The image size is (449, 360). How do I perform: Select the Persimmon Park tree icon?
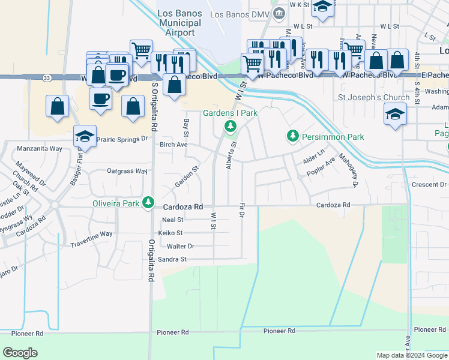pyautogui.click(x=292, y=137)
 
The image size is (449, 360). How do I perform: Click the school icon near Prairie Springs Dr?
pyautogui.click(x=85, y=136)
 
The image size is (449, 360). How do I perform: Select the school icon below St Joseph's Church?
pyautogui.click(x=395, y=114)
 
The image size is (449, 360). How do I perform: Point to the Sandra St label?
pyautogui.click(x=172, y=259)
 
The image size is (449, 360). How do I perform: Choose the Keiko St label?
pyautogui.click(x=170, y=233)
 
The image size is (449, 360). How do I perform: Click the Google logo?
pyautogui.click(x=20, y=353)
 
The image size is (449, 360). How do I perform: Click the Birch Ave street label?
pyautogui.click(x=173, y=145)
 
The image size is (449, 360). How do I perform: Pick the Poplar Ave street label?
pyautogui.click(x=322, y=169)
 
